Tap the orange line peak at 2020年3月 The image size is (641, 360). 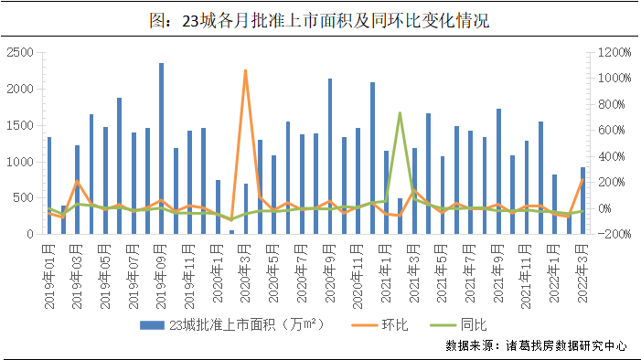point(245,71)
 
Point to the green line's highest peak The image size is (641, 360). point(400,113)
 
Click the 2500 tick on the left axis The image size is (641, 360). point(21,52)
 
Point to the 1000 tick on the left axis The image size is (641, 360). point(21,162)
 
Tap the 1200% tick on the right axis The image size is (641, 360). point(607,52)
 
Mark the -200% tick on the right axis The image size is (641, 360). point(607,235)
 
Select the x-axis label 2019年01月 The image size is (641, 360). point(49,265)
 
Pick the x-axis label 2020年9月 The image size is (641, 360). point(330,265)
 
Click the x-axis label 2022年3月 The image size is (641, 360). point(582,265)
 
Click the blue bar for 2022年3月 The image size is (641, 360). point(582,200)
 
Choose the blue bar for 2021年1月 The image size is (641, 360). point(386,192)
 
